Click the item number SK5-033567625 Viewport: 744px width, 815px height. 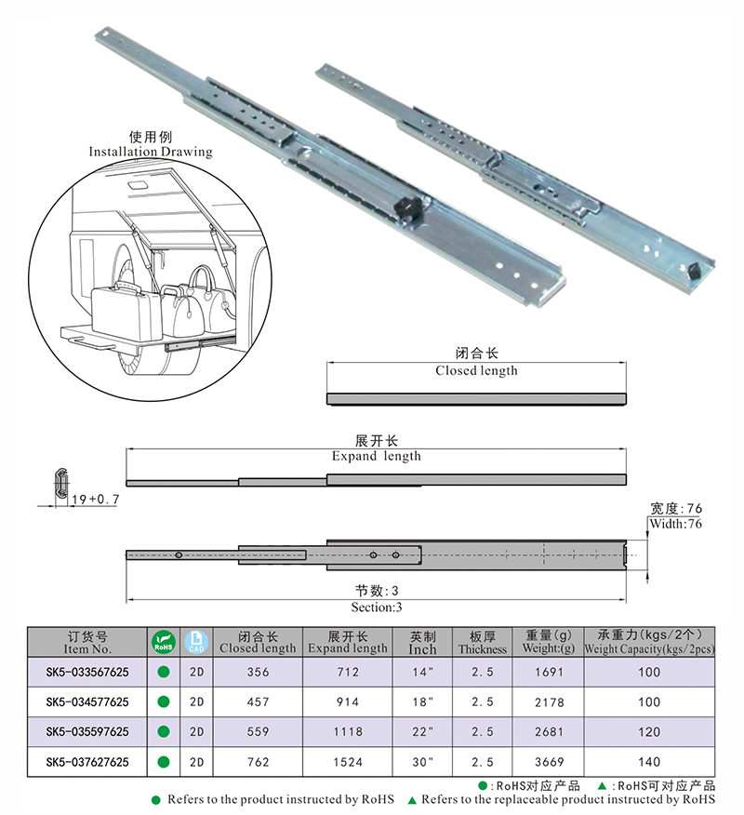tap(88, 672)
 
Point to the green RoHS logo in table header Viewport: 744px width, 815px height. tap(163, 642)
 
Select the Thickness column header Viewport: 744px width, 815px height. tap(482, 643)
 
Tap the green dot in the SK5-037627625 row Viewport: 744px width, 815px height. tap(163, 761)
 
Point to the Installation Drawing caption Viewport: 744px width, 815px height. tap(151, 151)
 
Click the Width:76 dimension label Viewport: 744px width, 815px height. tap(676, 524)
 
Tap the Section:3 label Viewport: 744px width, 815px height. tap(376, 607)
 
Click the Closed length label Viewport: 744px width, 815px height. tap(476, 370)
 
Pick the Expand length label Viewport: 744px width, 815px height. tap(376, 456)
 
